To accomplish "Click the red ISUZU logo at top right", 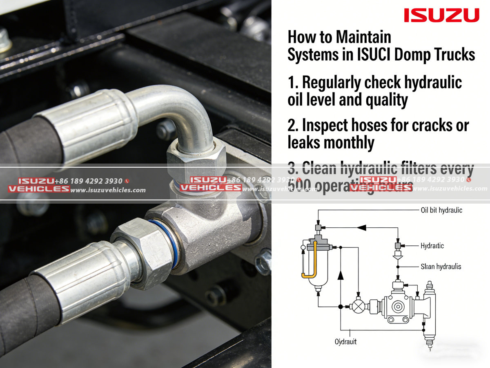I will coord(441,16).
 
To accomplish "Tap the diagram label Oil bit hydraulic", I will coord(441,210).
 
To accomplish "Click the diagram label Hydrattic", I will coord(432,246).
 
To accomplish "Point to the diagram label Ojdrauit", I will coord(345,341).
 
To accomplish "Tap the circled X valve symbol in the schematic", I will coord(359,306).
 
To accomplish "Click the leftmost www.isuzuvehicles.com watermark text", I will coord(108,190).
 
